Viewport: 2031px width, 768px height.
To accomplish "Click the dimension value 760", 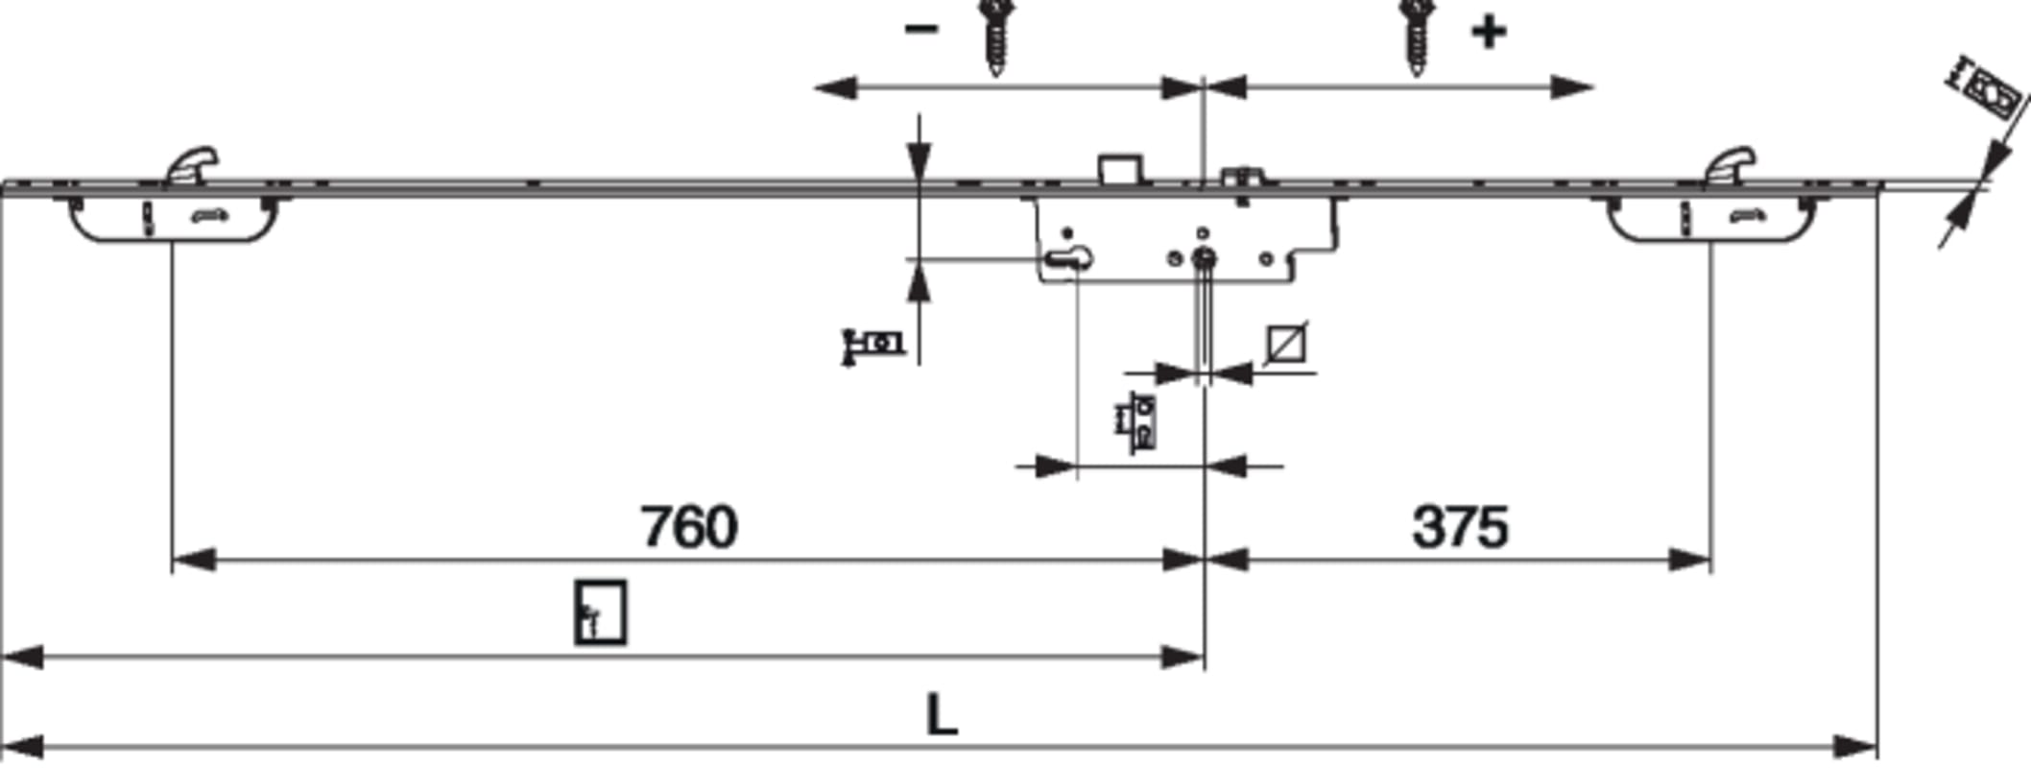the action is click(689, 526).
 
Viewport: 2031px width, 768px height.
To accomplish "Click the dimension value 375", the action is click(1460, 527).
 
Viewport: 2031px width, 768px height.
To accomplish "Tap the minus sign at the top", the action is click(920, 30).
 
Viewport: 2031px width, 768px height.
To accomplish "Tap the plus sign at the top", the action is click(1489, 32).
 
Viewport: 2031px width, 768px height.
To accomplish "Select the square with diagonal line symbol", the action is click(1286, 344).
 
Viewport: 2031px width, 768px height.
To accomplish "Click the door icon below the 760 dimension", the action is click(601, 612).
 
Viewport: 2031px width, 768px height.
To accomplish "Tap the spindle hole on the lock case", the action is click(1204, 257).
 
